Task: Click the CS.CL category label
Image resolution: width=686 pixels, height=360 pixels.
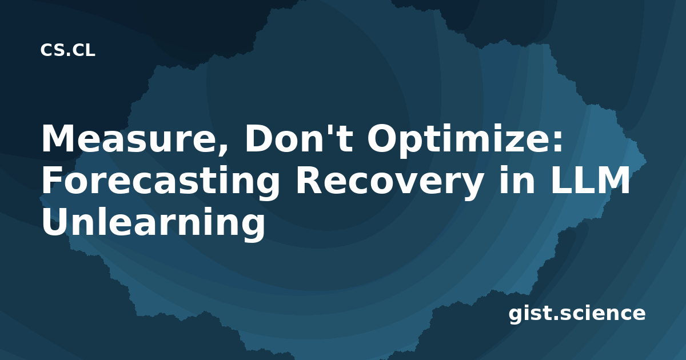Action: click(x=67, y=50)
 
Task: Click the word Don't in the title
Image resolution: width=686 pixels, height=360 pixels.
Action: click(x=298, y=138)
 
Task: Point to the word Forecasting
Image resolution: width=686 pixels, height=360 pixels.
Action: click(x=161, y=182)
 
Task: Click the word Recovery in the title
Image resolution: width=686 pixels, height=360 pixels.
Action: click(x=389, y=182)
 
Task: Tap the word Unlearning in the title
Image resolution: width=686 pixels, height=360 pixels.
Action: click(x=153, y=223)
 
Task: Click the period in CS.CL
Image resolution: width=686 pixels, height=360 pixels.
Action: click(x=68, y=54)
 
